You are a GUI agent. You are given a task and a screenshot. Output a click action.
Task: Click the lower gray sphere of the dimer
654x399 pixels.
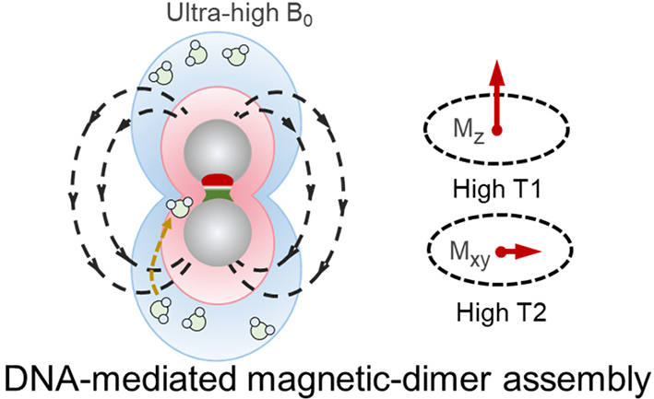218,233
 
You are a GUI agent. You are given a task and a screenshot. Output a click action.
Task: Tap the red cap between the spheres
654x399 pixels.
217,181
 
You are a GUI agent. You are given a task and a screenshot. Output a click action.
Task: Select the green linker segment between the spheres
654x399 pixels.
217,195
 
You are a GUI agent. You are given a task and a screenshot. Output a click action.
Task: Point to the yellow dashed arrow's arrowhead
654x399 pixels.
167,224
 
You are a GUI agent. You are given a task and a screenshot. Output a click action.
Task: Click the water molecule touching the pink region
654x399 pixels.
179,207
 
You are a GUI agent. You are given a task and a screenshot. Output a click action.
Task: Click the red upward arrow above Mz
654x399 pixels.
496,96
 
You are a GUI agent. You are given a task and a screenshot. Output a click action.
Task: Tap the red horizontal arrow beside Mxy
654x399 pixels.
518,252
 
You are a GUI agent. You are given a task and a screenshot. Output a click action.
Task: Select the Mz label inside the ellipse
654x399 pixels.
469,130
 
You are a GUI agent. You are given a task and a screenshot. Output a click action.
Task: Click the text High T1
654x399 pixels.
497,189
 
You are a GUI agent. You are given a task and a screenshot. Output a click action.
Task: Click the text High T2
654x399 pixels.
501,311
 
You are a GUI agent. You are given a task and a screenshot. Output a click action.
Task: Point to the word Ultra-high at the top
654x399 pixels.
222,13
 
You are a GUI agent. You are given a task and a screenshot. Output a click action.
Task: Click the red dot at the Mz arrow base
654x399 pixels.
496,130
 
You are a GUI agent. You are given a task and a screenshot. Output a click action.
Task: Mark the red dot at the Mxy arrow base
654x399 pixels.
501,252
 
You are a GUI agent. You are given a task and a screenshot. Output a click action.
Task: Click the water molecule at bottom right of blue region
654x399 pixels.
262,328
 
